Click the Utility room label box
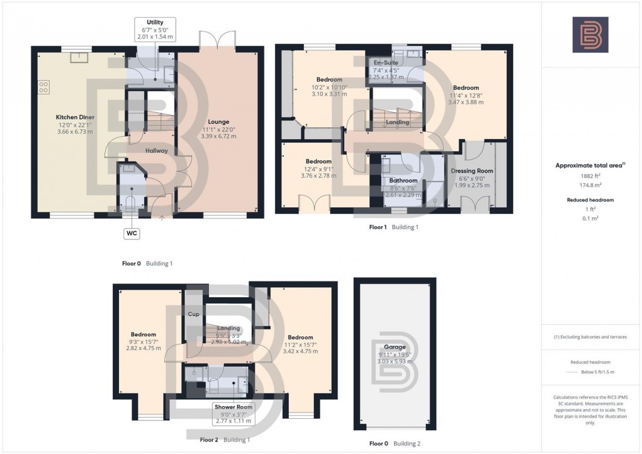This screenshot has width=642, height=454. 155,30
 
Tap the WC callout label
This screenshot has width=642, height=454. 132,233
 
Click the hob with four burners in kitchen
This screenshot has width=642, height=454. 44,87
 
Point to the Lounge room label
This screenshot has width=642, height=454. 218,122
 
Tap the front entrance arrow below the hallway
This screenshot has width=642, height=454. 162,218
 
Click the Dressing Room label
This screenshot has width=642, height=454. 472,171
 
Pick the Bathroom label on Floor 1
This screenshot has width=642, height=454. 403,181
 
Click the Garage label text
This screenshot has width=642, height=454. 395,347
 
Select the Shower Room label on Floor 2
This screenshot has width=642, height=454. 233,406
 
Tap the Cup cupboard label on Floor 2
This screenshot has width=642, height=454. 193,313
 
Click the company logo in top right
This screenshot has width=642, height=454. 590,35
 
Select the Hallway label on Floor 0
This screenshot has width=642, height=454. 157,150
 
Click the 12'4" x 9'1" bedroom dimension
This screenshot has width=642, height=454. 320,168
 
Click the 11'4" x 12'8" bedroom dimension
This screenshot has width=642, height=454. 466,95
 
